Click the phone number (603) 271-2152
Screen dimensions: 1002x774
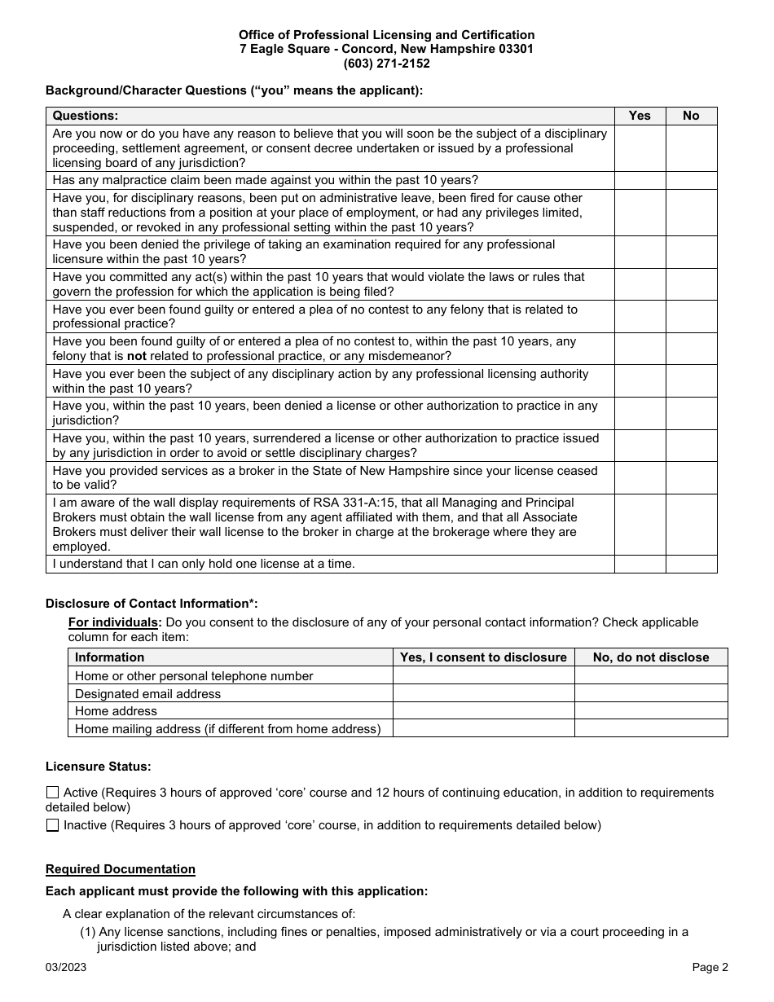[x=386, y=64]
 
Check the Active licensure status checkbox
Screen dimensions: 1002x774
[x=53, y=793]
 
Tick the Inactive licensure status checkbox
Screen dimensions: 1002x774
[x=53, y=825]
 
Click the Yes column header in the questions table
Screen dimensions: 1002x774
[x=640, y=116]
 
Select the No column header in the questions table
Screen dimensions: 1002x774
[x=691, y=116]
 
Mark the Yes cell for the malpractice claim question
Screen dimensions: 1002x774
[x=640, y=180]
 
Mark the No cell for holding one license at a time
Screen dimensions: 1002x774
[x=691, y=564]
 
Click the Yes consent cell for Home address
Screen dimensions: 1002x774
[x=483, y=711]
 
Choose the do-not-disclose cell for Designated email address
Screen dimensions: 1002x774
[x=650, y=693]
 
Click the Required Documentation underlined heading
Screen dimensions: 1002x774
[x=121, y=869]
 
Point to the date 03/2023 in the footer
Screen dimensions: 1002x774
[x=66, y=968]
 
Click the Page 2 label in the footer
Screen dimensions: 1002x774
[x=710, y=968]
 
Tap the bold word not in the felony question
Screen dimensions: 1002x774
[x=137, y=356]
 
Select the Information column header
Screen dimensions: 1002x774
[x=110, y=657]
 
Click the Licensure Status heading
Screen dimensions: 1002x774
[x=99, y=767]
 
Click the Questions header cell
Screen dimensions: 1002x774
[x=86, y=116]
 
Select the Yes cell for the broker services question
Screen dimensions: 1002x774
[x=640, y=477]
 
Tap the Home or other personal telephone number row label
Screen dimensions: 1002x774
[x=194, y=676]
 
